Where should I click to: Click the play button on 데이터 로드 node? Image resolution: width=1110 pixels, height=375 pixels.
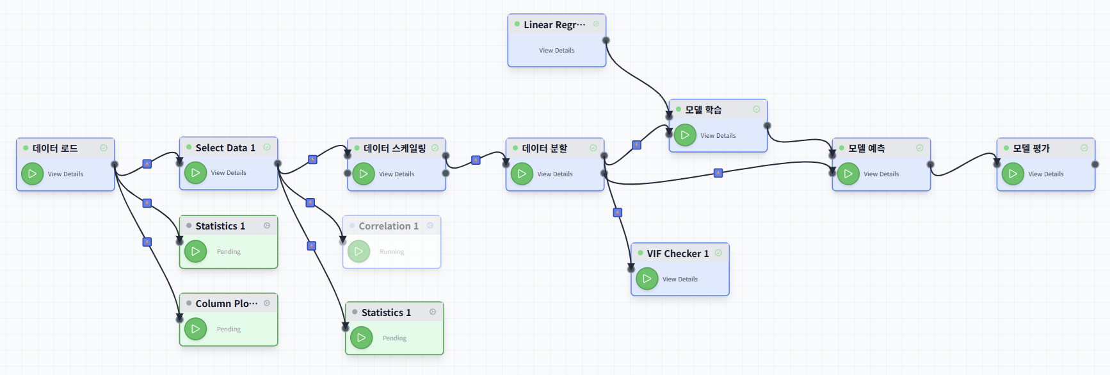click(x=32, y=174)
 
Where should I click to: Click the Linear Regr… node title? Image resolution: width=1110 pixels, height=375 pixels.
click(x=554, y=25)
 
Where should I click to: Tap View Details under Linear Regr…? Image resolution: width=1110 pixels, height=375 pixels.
click(x=556, y=51)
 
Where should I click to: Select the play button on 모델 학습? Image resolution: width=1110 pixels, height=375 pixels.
click(x=685, y=135)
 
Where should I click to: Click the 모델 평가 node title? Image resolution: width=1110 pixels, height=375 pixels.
click(x=1031, y=148)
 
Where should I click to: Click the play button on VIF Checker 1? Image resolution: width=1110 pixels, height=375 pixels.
click(x=647, y=279)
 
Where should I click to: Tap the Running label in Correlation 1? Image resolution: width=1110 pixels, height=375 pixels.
click(x=392, y=252)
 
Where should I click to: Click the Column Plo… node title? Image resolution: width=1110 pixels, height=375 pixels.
click(x=226, y=304)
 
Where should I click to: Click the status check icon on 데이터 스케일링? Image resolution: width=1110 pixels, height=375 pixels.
click(x=435, y=148)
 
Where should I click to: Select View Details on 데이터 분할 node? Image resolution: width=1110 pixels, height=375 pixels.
click(x=555, y=174)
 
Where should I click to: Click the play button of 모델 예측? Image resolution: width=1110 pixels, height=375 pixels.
click(x=848, y=174)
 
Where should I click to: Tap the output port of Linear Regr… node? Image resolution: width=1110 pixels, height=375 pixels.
click(x=606, y=40)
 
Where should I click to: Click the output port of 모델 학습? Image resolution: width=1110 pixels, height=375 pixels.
click(x=767, y=126)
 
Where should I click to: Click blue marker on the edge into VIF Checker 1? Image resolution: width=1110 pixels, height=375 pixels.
click(x=618, y=213)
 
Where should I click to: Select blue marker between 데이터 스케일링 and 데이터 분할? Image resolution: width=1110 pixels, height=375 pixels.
click(x=476, y=160)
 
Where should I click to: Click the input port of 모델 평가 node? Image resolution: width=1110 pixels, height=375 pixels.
click(x=997, y=164)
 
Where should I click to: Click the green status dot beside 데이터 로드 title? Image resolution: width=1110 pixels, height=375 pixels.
click(x=26, y=148)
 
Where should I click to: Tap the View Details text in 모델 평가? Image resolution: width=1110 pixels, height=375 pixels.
click(x=1045, y=174)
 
